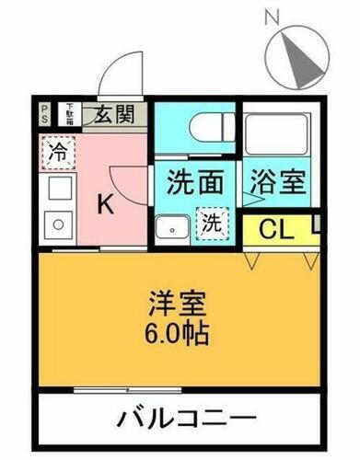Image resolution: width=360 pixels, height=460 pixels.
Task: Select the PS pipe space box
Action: click(x=45, y=114)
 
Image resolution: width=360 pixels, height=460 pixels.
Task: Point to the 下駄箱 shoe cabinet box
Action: click(x=68, y=114)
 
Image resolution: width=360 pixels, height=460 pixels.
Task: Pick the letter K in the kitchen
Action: click(x=106, y=205)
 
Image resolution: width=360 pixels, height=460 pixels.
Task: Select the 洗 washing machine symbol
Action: click(x=212, y=223)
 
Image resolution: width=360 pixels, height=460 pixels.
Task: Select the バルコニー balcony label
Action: click(x=185, y=419)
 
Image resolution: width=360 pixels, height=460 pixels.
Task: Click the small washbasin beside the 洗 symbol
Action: click(x=168, y=229)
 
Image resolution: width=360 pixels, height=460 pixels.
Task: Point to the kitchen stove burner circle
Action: click(x=57, y=224)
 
